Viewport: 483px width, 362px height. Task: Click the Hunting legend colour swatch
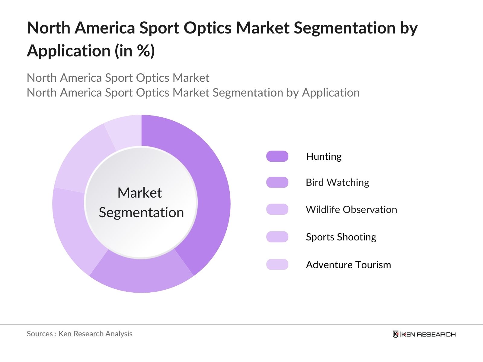pos(277,156)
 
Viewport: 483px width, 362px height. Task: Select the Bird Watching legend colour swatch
pos(277,183)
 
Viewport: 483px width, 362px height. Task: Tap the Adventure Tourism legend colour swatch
pos(277,265)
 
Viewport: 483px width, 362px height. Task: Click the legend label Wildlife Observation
pos(351,209)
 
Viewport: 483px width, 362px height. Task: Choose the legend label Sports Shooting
pos(341,237)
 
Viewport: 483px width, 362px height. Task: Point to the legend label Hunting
pos(324,156)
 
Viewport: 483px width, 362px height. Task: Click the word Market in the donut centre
pos(139,193)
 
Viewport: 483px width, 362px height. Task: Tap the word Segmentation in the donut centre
pos(141,213)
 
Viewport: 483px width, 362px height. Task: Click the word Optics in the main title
pos(208,28)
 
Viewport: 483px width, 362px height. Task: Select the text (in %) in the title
pos(134,51)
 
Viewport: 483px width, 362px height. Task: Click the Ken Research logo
pos(424,334)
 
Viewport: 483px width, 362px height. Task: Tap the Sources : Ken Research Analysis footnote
pos(79,334)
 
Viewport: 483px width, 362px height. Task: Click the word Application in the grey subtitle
pos(331,93)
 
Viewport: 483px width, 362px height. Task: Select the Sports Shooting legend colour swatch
pos(277,237)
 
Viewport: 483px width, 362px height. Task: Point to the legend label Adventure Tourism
pos(348,265)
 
